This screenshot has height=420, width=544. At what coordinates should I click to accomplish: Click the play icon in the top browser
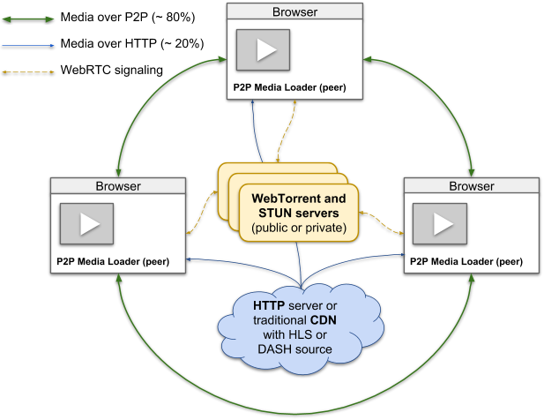coord(263,50)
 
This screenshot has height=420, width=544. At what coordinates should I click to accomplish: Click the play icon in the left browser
coord(86,224)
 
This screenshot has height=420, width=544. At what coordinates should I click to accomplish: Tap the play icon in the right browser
coord(438,224)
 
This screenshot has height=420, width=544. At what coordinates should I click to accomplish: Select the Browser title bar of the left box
coord(118,186)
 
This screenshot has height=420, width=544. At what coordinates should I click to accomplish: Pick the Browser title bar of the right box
coord(472,186)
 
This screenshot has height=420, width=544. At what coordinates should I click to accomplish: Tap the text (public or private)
coord(298,228)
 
